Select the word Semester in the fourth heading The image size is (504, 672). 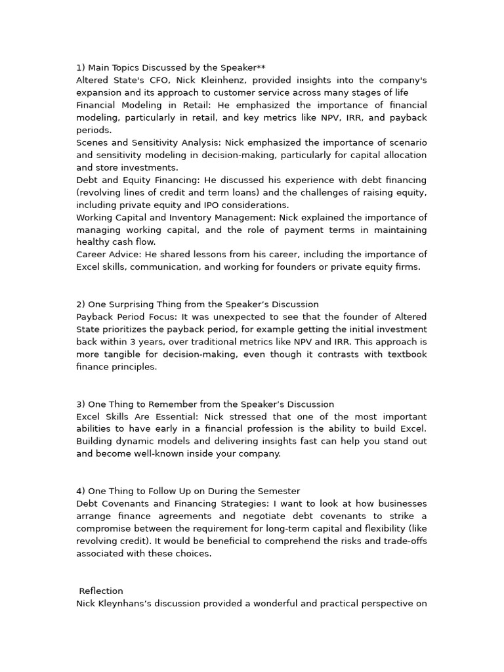pos(278,492)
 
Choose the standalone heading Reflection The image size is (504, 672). pos(101,591)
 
